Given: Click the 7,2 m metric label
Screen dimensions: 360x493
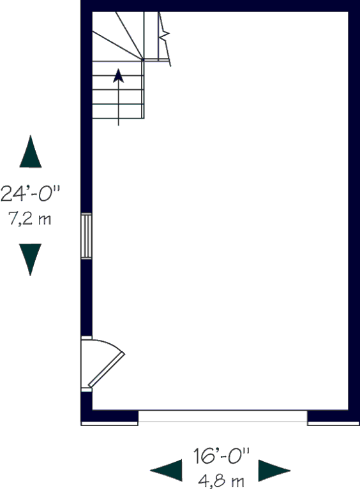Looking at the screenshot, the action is point(30,218).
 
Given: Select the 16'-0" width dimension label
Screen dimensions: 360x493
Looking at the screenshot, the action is point(221,456).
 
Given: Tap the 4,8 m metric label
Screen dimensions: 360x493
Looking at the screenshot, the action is point(221,481).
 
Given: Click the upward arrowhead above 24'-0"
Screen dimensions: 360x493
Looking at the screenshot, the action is point(31,152).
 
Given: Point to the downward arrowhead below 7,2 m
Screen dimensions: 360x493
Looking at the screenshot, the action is point(30,260).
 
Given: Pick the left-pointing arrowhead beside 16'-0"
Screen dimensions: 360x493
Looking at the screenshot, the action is point(166,471).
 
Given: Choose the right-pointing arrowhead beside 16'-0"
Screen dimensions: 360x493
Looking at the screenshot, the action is point(274,471).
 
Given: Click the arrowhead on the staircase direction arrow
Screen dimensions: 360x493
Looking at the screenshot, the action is point(118,76).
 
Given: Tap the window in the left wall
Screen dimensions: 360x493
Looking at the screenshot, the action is point(87,236).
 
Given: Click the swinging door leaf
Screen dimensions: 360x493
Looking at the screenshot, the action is point(107,369).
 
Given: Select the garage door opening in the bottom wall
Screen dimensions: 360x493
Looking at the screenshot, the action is point(223,416).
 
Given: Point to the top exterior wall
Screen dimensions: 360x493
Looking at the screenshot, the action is point(220,6).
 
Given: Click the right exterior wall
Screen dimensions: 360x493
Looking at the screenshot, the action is point(354,210).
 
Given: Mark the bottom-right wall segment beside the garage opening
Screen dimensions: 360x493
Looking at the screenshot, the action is point(334,416).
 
